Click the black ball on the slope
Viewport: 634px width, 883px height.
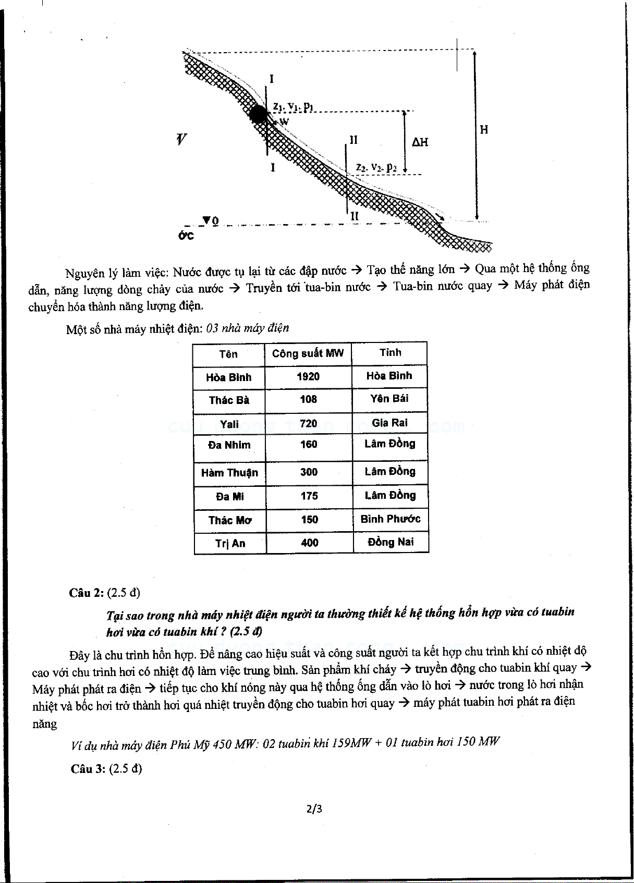[258, 114]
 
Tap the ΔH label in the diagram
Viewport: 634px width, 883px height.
[420, 142]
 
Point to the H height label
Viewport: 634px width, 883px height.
[484, 129]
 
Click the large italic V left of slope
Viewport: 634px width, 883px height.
[181, 139]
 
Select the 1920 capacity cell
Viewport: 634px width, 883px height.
[308, 376]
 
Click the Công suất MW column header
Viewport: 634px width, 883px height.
[308, 353]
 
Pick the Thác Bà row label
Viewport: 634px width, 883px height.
[229, 400]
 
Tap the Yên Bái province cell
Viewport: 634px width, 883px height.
[389, 399]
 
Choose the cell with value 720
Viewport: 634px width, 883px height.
[309, 423]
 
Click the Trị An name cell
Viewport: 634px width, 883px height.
[230, 543]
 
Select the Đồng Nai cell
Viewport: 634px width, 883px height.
[391, 542]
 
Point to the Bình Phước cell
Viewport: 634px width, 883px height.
[391, 519]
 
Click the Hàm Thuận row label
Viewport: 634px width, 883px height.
[229, 473]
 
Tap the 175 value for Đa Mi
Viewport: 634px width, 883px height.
[309, 496]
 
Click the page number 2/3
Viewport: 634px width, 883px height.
[314, 809]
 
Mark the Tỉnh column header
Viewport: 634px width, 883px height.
[390, 352]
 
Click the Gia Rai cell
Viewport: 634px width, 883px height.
[390, 423]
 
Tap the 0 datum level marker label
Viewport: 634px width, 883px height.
[215, 222]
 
